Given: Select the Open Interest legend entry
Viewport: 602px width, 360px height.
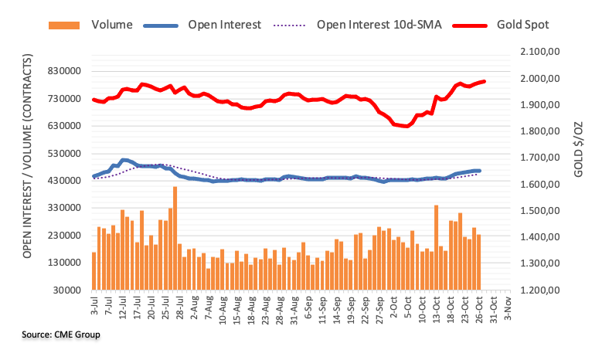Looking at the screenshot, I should (x=225, y=24).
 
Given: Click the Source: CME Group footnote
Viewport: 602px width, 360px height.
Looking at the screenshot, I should (x=62, y=335).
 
